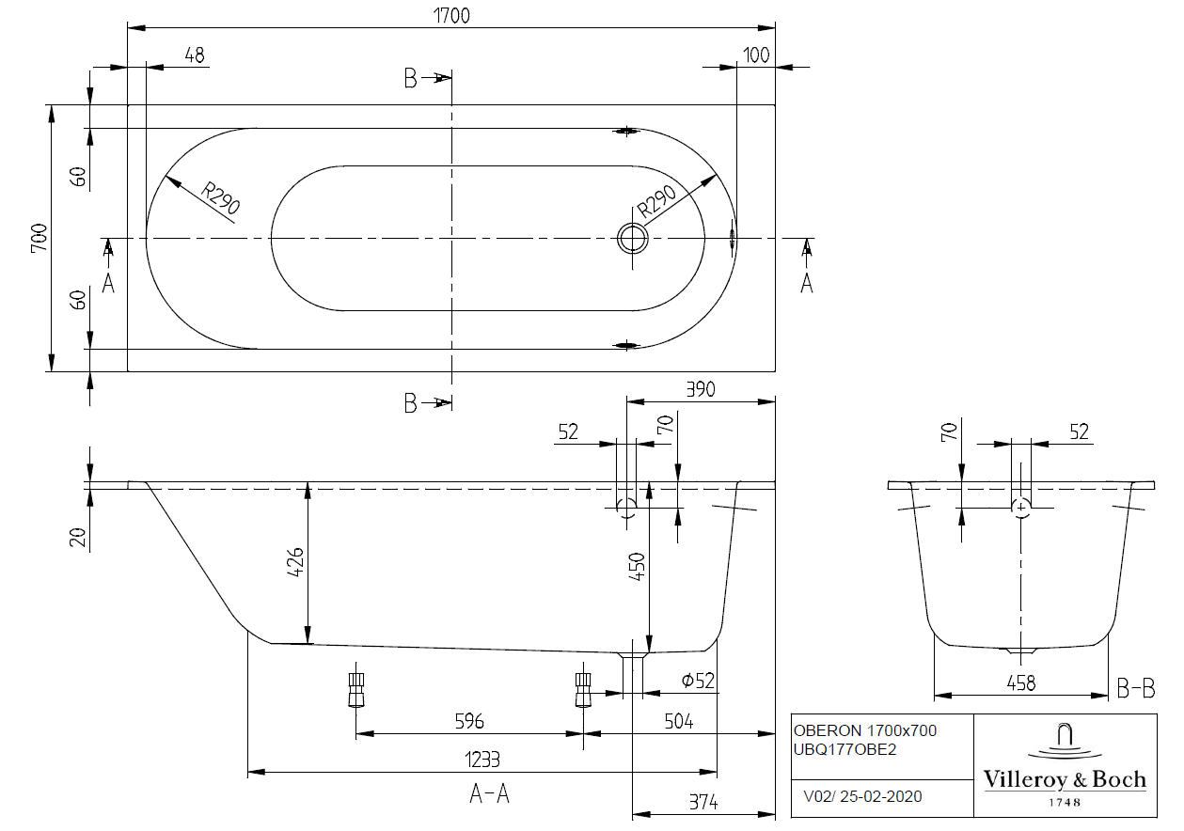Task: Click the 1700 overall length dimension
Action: tap(450, 15)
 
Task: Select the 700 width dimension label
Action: tap(39, 239)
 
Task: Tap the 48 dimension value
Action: tap(195, 55)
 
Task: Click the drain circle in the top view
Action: tap(633, 238)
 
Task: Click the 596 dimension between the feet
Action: tap(469, 721)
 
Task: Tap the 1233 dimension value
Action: tap(481, 760)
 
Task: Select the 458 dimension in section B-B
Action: tap(1020, 683)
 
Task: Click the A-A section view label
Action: tap(489, 794)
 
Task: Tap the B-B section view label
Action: tap(1135, 690)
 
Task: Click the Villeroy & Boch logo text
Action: tap(1065, 779)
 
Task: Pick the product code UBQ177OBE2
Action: tap(845, 749)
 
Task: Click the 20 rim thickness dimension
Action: tap(79, 537)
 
